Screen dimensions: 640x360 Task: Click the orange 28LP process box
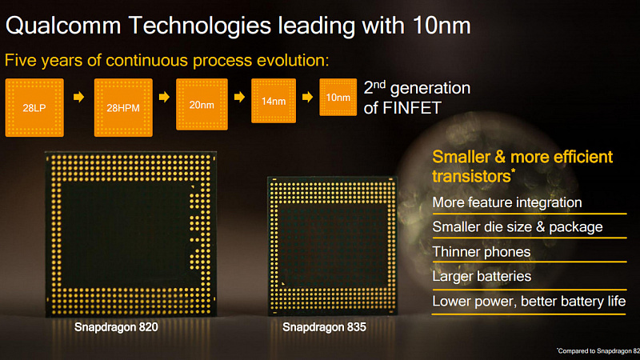[34, 108]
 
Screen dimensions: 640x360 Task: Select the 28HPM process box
[123, 108]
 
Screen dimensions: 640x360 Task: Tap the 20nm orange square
[202, 105]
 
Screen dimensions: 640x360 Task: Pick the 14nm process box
[274, 101]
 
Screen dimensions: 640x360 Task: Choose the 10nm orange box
[338, 97]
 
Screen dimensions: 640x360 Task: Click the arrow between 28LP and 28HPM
[78, 97]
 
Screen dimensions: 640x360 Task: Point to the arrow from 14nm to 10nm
[308, 97]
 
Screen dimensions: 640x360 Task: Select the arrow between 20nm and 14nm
[239, 97]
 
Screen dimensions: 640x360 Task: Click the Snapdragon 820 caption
[116, 327]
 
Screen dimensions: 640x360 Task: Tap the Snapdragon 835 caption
[324, 327]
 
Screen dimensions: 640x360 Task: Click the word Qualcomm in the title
[63, 26]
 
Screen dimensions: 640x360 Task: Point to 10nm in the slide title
[442, 26]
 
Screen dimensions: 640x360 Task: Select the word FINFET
[411, 108]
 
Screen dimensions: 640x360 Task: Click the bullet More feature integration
[507, 202]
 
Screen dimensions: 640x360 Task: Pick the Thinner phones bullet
[482, 252]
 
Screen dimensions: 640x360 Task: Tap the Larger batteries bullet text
[482, 276]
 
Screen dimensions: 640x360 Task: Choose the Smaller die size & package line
[518, 227]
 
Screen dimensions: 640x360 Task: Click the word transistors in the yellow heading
[471, 176]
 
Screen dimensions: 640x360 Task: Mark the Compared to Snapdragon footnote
[598, 351]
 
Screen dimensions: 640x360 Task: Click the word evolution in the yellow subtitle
[293, 61]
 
